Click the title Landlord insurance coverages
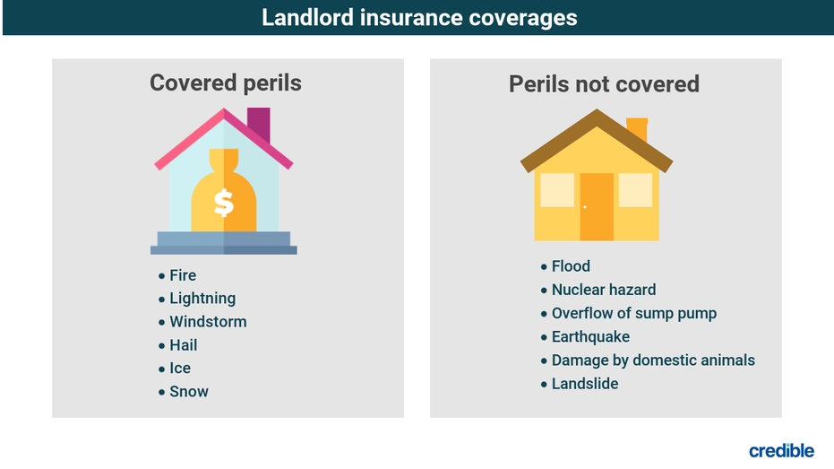click(419, 18)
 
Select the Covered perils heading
click(226, 83)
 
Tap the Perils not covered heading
click(604, 84)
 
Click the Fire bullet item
click(183, 275)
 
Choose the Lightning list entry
click(202, 299)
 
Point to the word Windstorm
click(208, 322)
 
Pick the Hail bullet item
click(183, 345)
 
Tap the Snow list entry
click(189, 391)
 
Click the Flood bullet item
click(571, 266)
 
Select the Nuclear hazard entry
click(604, 290)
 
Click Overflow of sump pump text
click(634, 314)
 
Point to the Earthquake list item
click(590, 337)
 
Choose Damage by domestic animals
click(653, 360)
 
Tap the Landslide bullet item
click(585, 384)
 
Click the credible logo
click(781, 450)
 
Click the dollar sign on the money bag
click(223, 203)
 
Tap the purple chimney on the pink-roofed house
click(259, 124)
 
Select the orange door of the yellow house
click(597, 206)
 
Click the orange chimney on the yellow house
click(637, 129)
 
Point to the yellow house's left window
click(557, 190)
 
